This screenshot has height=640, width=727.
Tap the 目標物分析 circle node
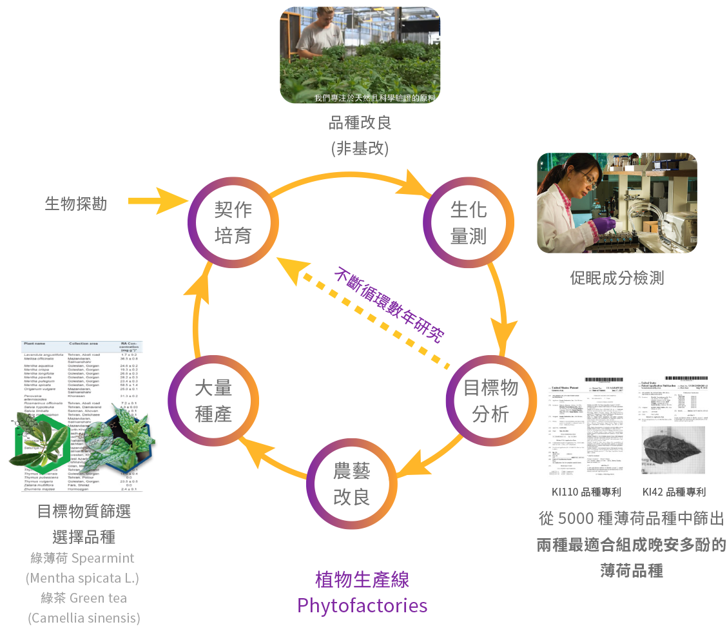491,400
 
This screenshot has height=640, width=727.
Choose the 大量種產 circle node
213,400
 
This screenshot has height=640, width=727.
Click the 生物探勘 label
76,204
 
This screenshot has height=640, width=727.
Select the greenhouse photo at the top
360,55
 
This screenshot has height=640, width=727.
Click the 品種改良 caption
360,122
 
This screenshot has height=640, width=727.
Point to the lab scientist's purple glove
603,225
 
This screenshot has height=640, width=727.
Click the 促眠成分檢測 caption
617,278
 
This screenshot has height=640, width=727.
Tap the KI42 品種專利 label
674,492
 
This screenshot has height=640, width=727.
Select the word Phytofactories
362,606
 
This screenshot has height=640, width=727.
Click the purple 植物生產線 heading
362,580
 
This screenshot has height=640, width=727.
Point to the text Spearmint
104,558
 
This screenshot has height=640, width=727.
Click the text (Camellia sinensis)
84,617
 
